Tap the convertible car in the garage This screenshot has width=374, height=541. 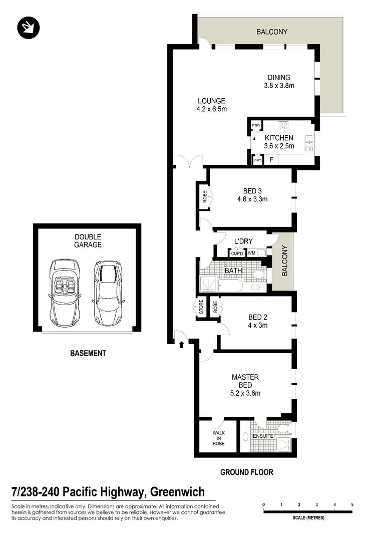coord(64,293)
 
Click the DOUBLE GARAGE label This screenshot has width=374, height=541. coord(88,240)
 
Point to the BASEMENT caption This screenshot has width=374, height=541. coord(88,353)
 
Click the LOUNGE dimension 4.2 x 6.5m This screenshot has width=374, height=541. coord(212,109)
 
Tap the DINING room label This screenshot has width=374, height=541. coord(279,77)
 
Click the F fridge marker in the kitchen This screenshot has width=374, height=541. coord(271,160)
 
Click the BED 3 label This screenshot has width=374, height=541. coord(252,190)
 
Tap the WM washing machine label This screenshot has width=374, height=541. coord(252,253)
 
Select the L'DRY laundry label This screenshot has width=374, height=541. coord(243,241)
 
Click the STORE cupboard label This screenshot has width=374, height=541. coord(202,307)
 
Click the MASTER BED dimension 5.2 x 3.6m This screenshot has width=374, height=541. coord(245,393)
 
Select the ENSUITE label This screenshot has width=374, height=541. coord(263,436)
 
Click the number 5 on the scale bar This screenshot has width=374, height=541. coord(352,504)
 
